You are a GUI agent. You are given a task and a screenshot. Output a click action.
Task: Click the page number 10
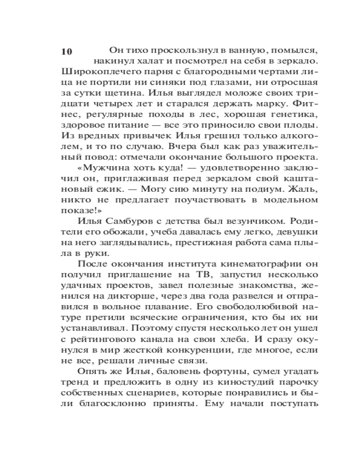click(66, 51)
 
